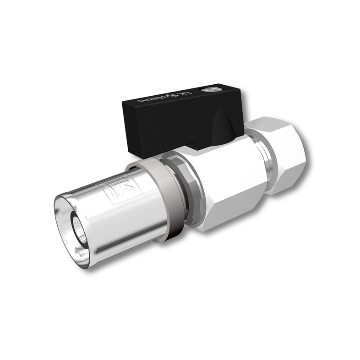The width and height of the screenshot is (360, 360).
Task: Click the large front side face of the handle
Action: click(174, 124)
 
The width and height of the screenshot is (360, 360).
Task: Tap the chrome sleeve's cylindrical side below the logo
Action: click(119, 220)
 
